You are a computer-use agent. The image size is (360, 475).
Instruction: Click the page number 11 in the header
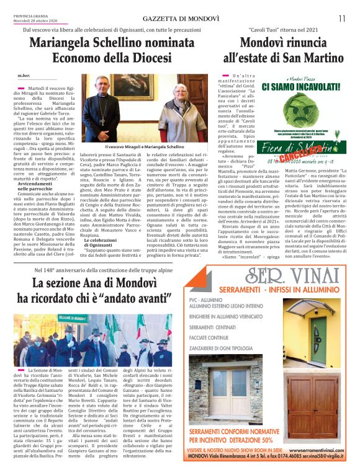pos(341,18)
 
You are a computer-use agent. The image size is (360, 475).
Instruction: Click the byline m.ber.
pos(25,76)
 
